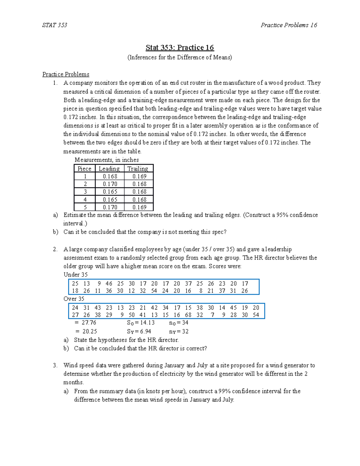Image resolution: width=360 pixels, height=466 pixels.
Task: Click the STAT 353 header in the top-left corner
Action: pyautogui.click(x=55, y=25)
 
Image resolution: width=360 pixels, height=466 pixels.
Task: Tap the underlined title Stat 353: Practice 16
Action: pyautogui.click(x=180, y=48)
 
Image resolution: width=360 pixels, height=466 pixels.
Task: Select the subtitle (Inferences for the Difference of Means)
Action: pyautogui.click(x=180, y=57)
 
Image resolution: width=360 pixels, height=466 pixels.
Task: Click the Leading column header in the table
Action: pyautogui.click(x=109, y=169)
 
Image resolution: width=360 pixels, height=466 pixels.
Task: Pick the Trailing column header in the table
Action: pyautogui.click(x=138, y=169)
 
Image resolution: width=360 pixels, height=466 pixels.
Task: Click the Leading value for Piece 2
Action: pyautogui.click(x=110, y=184)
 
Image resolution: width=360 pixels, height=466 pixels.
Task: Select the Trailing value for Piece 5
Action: pyautogui.click(x=139, y=207)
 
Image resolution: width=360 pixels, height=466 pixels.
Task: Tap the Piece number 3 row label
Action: pyautogui.click(x=85, y=192)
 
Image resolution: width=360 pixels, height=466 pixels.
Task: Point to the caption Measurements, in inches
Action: pyautogui.click(x=106, y=160)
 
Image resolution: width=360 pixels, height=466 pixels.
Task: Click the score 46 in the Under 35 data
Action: pyautogui.click(x=109, y=284)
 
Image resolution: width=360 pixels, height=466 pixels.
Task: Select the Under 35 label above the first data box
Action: pyautogui.click(x=76, y=275)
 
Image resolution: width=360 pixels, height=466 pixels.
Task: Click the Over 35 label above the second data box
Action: pyautogui.click(x=74, y=299)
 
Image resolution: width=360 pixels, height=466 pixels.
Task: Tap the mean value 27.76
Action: pyautogui.click(x=89, y=323)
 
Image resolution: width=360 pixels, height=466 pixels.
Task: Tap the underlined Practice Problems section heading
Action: pyautogui.click(x=66, y=74)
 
